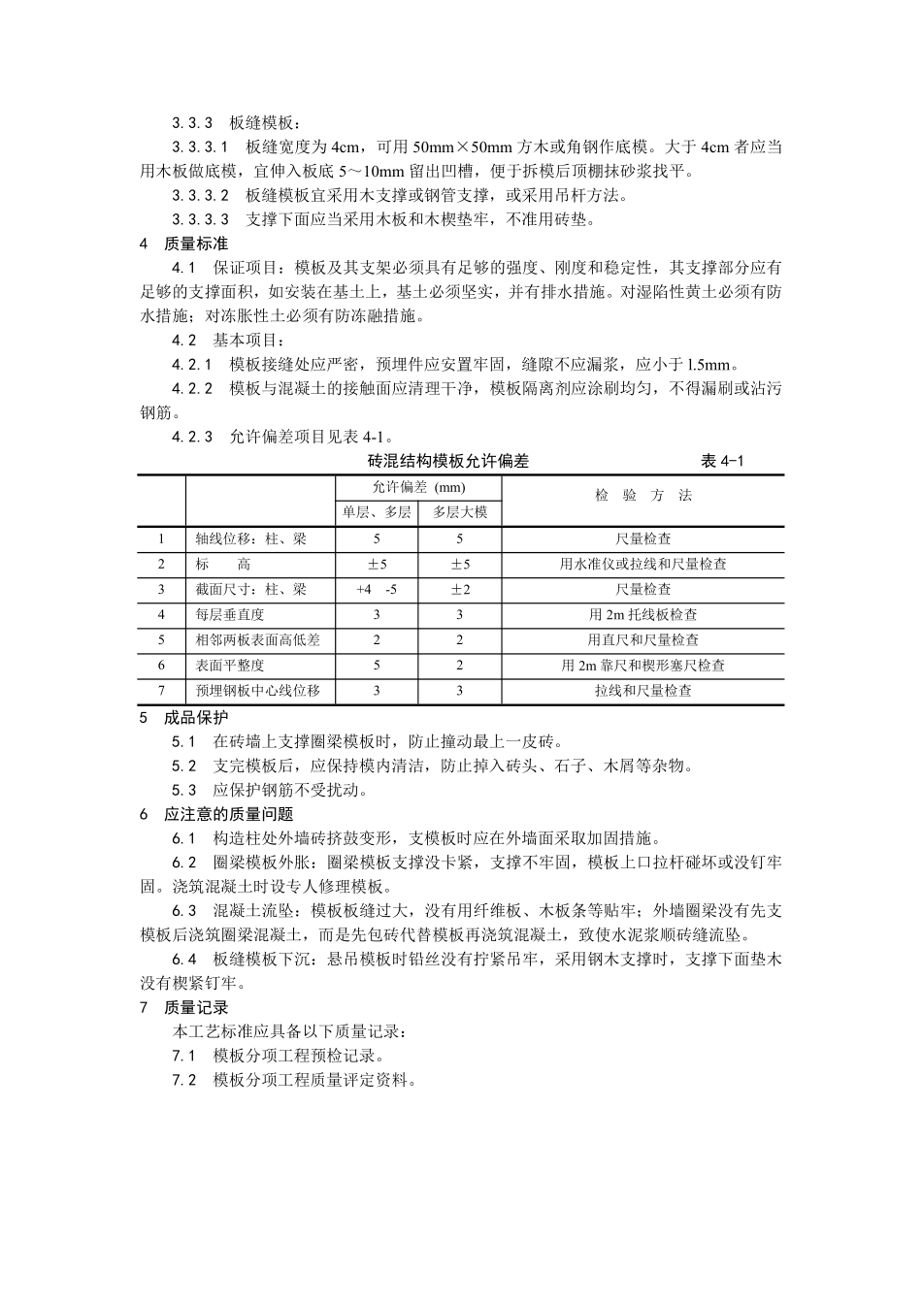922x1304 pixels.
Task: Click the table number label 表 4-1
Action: tap(722, 462)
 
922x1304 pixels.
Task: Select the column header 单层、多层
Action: tap(377, 512)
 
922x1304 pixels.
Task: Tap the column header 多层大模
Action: tap(460, 512)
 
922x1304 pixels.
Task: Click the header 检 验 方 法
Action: tap(643, 496)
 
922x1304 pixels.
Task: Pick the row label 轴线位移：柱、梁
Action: tap(250, 538)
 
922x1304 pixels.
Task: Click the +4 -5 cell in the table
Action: tap(377, 589)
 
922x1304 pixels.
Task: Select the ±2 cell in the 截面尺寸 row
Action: tap(460, 589)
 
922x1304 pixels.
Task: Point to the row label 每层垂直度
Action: tap(229, 614)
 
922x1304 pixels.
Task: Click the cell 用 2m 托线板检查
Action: tap(642, 614)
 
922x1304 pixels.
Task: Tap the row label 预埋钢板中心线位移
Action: tap(257, 691)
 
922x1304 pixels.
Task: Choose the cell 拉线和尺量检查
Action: tap(642, 691)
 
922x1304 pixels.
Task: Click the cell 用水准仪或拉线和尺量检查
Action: tap(642, 564)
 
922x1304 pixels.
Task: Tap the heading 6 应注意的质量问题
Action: tap(216, 814)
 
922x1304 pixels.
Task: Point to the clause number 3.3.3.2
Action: tap(201, 195)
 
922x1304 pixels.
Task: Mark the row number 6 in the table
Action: tap(162, 666)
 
